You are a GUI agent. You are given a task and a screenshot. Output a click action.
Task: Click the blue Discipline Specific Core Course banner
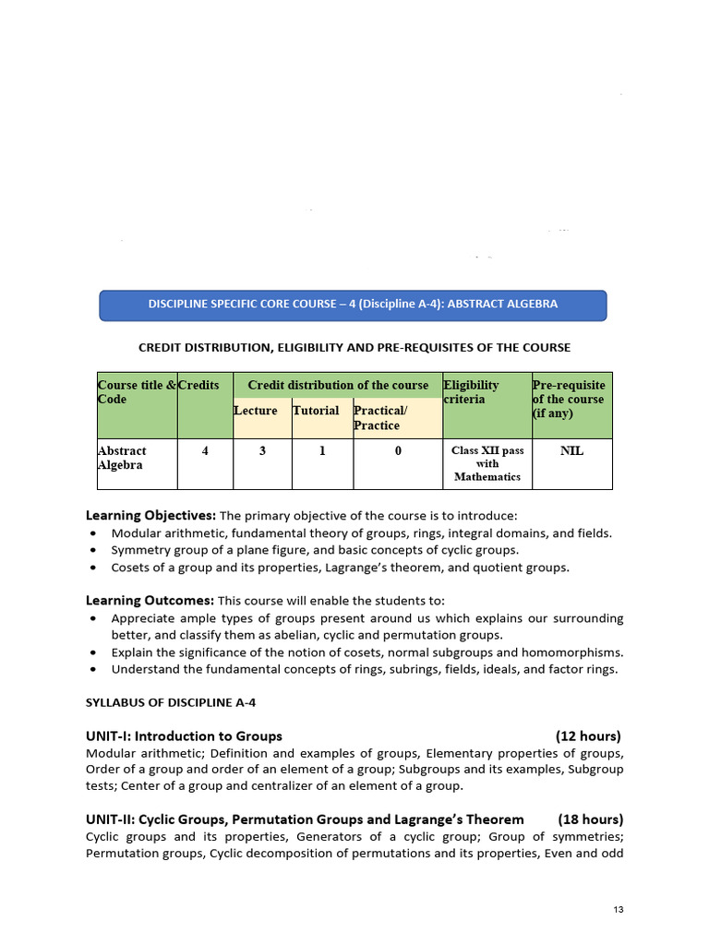point(353,305)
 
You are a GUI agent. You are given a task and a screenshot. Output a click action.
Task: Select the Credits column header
point(199,385)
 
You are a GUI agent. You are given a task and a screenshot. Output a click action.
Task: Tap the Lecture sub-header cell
point(256,411)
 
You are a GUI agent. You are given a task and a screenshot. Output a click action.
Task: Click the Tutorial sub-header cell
point(316,411)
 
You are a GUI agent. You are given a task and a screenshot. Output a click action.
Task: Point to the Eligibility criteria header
point(472,392)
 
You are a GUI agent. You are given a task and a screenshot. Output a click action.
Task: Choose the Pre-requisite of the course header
point(570,399)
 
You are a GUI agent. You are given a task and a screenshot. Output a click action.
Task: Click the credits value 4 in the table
point(204,451)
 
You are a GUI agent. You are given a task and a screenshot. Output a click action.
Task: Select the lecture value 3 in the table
point(262,451)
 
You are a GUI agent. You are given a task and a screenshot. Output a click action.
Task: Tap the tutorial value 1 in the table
point(322,451)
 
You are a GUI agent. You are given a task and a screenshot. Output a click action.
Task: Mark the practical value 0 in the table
point(398,451)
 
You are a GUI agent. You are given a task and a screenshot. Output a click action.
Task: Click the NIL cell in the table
point(572,451)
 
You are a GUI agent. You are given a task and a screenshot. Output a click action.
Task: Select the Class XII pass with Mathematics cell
point(487,463)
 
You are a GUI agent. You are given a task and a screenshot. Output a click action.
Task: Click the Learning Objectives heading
point(150,515)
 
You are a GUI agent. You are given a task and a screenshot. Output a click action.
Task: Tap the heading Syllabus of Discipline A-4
point(171,702)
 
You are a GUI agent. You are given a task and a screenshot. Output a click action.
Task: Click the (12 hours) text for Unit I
point(588,736)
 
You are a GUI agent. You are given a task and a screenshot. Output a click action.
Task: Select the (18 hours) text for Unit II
point(591,819)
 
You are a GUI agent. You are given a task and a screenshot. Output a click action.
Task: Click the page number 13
point(619,911)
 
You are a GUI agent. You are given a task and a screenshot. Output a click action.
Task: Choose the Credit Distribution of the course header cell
point(338,385)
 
